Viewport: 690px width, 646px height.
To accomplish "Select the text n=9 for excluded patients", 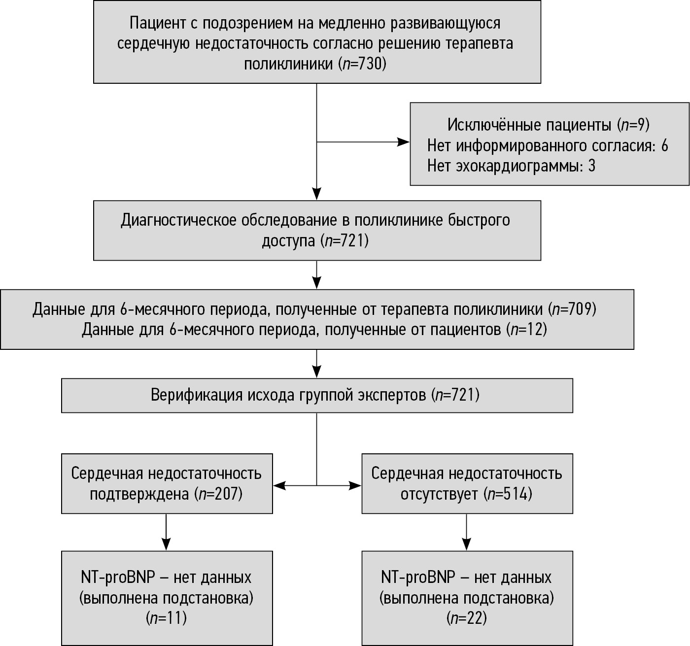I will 633,125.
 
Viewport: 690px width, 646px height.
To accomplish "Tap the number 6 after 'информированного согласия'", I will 664,146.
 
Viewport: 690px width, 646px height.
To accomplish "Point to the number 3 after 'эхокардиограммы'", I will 591,166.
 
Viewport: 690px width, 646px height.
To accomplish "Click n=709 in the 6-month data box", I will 575,309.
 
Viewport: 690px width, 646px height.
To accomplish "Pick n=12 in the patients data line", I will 528,329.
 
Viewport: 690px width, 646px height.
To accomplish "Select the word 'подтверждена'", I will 140,494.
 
